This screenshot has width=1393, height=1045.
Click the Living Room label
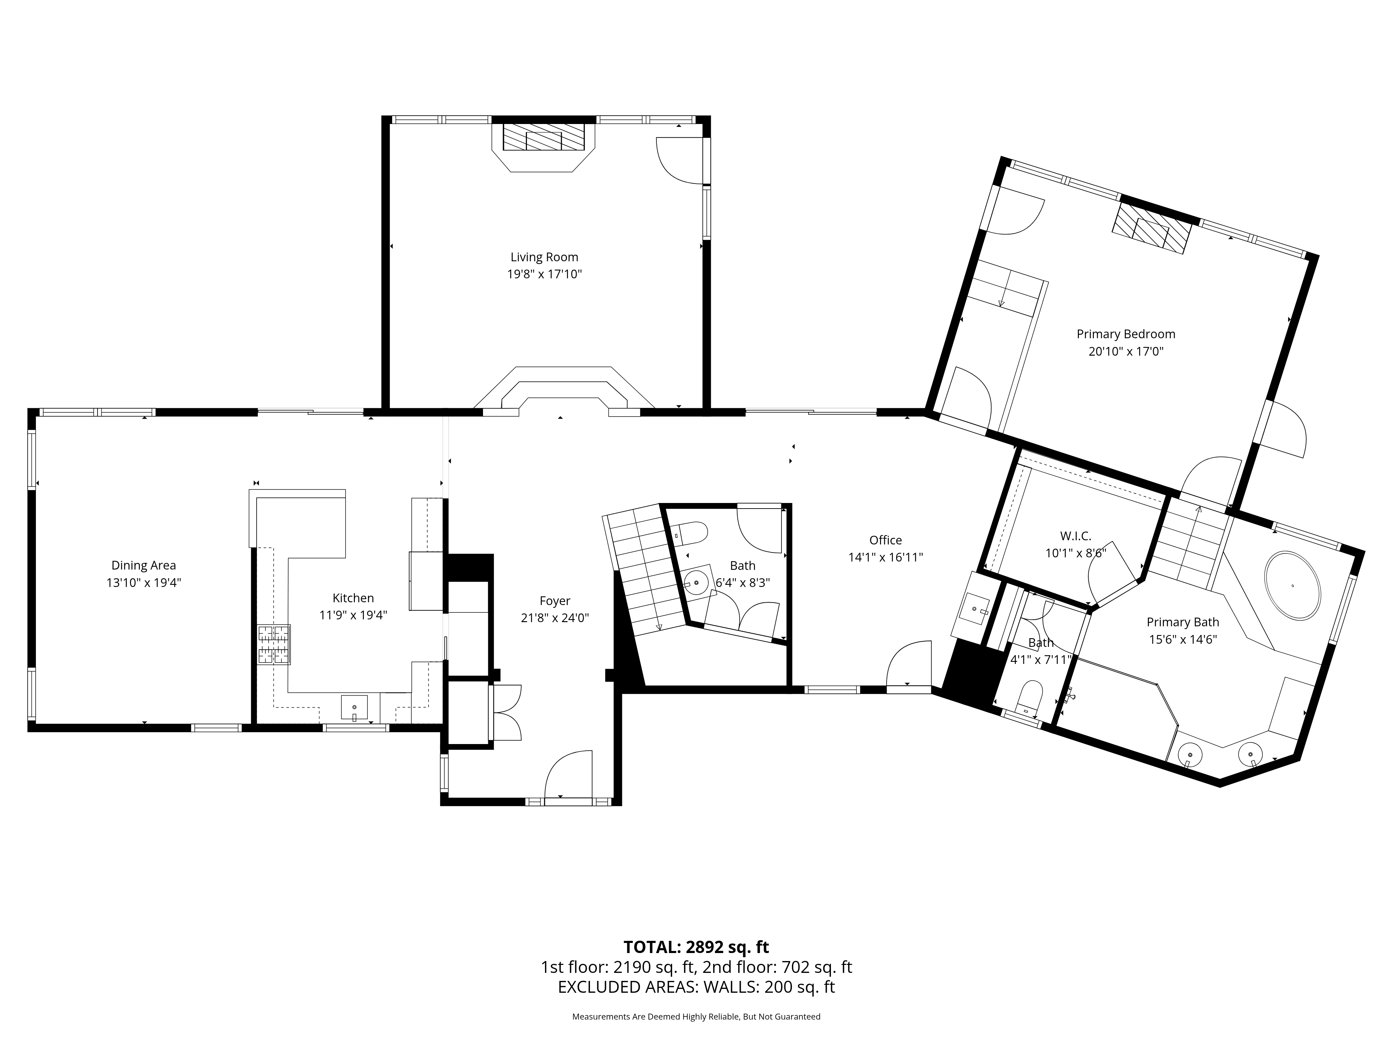pos(544,257)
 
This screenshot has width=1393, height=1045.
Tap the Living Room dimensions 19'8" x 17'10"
pos(544,274)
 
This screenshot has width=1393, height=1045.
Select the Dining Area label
pos(143,566)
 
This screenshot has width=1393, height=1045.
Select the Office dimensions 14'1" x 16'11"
pos(885,557)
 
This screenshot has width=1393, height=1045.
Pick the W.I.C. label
pos(1076,536)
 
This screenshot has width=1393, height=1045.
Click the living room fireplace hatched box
pos(544,137)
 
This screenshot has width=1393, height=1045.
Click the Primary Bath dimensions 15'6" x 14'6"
pos(1183,639)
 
